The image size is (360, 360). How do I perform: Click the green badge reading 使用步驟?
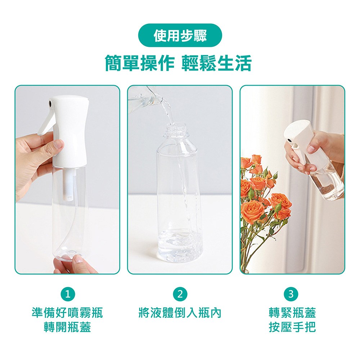point(180,35)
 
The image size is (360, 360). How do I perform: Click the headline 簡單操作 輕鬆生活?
point(178,63)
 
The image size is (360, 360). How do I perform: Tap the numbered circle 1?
point(68,294)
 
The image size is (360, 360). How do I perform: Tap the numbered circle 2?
point(180,294)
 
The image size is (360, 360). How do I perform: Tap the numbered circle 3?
point(291,294)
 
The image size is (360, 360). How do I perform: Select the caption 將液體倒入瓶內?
point(180,313)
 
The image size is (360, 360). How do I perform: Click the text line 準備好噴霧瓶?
point(67,313)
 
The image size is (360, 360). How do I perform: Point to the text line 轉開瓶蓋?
point(67,327)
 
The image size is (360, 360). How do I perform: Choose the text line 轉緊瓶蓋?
point(292,313)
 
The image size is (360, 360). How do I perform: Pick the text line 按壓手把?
point(292,327)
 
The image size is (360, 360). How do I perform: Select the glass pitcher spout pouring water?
point(149,97)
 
